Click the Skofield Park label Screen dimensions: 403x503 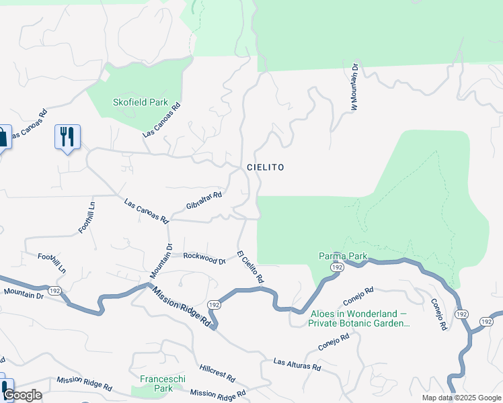tap(140, 102)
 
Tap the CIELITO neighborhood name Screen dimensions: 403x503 tap(265, 167)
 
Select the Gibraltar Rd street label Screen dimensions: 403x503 tap(204, 199)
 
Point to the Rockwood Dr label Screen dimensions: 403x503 tap(204, 257)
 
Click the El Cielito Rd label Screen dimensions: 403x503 tap(249, 266)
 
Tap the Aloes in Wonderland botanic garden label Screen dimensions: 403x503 tap(358, 318)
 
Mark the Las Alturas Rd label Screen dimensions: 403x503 tap(297, 365)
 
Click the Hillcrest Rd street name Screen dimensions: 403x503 tap(217, 372)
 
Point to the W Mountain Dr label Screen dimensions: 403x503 tap(353, 87)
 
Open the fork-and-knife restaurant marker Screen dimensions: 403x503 tap(67, 136)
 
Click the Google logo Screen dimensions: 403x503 tap(22, 395)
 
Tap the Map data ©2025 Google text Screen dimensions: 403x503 tap(461, 398)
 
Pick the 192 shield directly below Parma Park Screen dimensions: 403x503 tap(336, 267)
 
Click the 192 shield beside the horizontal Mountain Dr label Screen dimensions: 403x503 tap(55, 291)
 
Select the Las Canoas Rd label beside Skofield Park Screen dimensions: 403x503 tap(162, 120)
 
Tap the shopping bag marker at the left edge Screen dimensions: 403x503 tap(3, 138)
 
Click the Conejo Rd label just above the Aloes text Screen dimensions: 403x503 tap(358, 296)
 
